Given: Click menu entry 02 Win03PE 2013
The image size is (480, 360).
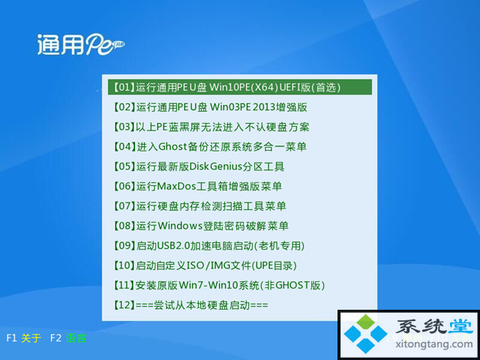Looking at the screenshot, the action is pyautogui.click(x=210, y=107).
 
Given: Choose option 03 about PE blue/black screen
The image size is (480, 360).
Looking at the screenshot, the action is pyautogui.click(x=211, y=127).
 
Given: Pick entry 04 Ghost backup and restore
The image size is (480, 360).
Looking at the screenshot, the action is pyautogui.click(x=210, y=147).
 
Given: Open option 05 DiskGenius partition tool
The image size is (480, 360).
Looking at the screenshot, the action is pyautogui.click(x=199, y=166).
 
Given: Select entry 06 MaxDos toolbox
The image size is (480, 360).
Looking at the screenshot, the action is pyautogui.click(x=197, y=186).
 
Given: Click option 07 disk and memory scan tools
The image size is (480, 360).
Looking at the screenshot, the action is pyautogui.click(x=199, y=206).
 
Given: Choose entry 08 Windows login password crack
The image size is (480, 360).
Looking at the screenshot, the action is pyautogui.click(x=201, y=226).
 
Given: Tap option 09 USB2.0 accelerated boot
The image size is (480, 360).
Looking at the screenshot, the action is pyautogui.click(x=208, y=245).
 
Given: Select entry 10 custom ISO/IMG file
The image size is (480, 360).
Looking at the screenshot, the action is pyautogui.click(x=205, y=265).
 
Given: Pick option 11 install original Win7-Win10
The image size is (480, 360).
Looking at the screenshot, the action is pyautogui.click(x=219, y=285).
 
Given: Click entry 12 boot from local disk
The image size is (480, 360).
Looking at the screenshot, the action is pyautogui.click(x=190, y=305).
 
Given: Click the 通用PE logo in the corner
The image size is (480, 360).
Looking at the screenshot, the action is pyautogui.click(x=81, y=44).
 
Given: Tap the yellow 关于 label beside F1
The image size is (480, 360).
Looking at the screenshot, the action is pyautogui.click(x=31, y=338).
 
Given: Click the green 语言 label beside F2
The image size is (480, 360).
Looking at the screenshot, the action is pyautogui.click(x=76, y=338).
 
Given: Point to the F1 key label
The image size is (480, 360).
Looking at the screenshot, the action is pyautogui.click(x=11, y=338).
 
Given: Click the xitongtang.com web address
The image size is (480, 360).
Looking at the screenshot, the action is pyautogui.click(x=434, y=344).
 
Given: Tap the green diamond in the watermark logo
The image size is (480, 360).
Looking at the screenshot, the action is pyautogui.click(x=365, y=322).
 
